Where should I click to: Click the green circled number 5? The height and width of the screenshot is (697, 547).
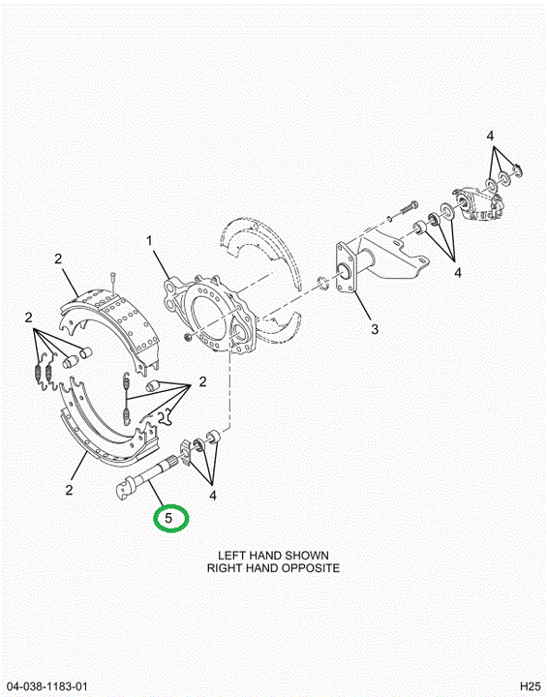(x=168, y=518)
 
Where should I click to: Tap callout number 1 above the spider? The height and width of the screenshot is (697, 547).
(x=149, y=241)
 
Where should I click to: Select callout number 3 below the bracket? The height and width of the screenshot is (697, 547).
(x=375, y=329)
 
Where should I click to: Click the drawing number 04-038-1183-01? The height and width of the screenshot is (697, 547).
(x=46, y=686)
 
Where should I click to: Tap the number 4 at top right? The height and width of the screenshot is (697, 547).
(x=490, y=136)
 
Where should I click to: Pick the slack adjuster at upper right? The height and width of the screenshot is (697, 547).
(x=480, y=204)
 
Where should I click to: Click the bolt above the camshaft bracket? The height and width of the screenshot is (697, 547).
(x=410, y=207)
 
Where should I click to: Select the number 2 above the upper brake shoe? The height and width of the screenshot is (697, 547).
(x=58, y=258)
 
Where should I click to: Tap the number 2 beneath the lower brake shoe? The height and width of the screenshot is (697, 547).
(x=69, y=490)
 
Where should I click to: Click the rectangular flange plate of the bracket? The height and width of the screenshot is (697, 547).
(x=348, y=268)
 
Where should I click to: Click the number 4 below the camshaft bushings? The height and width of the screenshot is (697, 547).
(x=213, y=496)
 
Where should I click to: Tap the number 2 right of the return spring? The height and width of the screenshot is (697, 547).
(x=202, y=381)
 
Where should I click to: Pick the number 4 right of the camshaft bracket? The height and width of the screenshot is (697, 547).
(x=458, y=272)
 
